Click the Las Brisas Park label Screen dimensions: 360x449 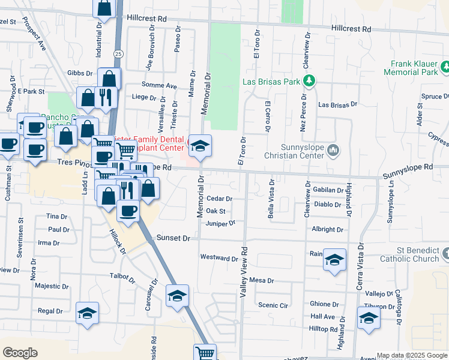pos(271,82)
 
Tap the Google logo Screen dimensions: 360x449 pos(20,353)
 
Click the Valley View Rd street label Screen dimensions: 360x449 pos(244,272)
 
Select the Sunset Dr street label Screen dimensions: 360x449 pos(173,238)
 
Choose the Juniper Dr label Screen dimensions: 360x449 pos(220,223)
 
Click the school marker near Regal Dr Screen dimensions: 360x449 pos(87,313)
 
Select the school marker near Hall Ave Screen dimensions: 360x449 pos(368,317)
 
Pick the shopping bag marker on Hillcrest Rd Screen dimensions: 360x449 pos(104,8)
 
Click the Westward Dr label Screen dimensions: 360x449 pos(219,258)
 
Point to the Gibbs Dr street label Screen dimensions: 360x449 pos(80,73)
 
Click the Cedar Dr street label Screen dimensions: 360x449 pos(218,198)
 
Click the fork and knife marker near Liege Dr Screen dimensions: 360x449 pos(106,97)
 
